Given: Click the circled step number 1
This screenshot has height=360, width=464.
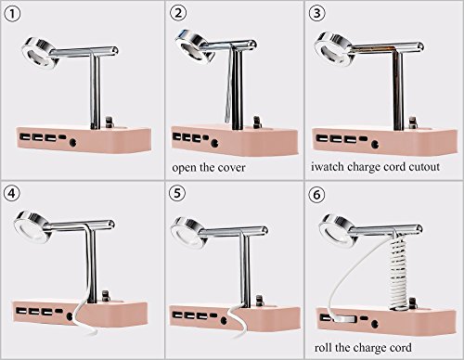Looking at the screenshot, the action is [x=12, y=15].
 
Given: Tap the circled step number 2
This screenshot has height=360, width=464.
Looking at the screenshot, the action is [x=179, y=13].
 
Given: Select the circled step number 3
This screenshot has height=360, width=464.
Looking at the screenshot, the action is [x=317, y=13].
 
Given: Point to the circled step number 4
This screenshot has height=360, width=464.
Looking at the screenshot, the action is [x=12, y=193].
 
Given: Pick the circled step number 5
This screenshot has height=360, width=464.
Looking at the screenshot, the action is [x=177, y=193].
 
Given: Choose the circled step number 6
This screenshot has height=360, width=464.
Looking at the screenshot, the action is [x=317, y=195].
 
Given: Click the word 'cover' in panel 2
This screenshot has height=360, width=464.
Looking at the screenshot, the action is [x=231, y=168].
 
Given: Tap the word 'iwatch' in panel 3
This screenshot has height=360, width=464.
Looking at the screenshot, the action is [x=328, y=166].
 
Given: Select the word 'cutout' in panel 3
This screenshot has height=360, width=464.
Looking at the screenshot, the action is [x=424, y=167].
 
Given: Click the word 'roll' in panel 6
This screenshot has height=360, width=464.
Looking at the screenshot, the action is [x=323, y=347].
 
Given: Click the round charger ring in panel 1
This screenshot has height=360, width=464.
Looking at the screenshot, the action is [x=41, y=53].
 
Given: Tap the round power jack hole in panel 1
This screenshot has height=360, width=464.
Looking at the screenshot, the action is [x=73, y=143].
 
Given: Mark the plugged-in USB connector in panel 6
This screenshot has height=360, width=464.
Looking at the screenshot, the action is [x=344, y=319].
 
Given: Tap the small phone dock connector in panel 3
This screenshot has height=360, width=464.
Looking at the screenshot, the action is [x=412, y=122].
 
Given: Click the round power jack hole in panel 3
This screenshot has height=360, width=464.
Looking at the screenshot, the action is [x=375, y=144].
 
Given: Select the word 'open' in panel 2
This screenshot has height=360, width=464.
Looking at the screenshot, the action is [x=185, y=169].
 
